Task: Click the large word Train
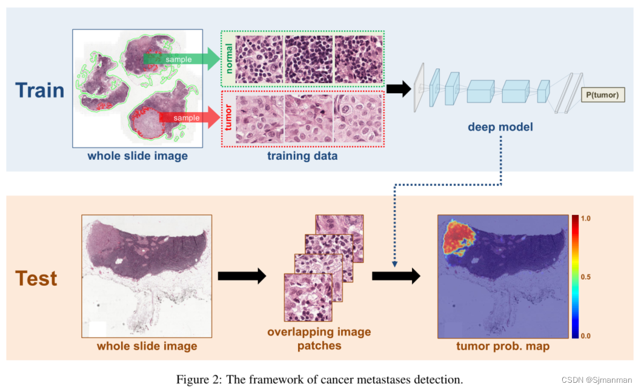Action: pyautogui.click(x=39, y=90)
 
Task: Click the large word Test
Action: pyautogui.click(x=36, y=278)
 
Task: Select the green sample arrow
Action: pyautogui.click(x=182, y=59)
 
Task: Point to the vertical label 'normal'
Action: pyautogui.click(x=229, y=58)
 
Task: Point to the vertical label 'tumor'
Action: pyautogui.click(x=229, y=117)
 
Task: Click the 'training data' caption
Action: pyautogui.click(x=303, y=156)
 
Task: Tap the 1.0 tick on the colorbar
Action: pyautogui.click(x=586, y=217)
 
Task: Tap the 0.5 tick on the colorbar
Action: pyautogui.click(x=586, y=276)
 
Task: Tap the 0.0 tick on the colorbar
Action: pyautogui.click(x=586, y=335)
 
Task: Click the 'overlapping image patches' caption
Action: pyautogui.click(x=319, y=339)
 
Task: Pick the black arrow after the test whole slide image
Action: pyautogui.click(x=241, y=276)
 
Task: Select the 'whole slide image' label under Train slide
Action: pyautogui.click(x=138, y=156)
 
